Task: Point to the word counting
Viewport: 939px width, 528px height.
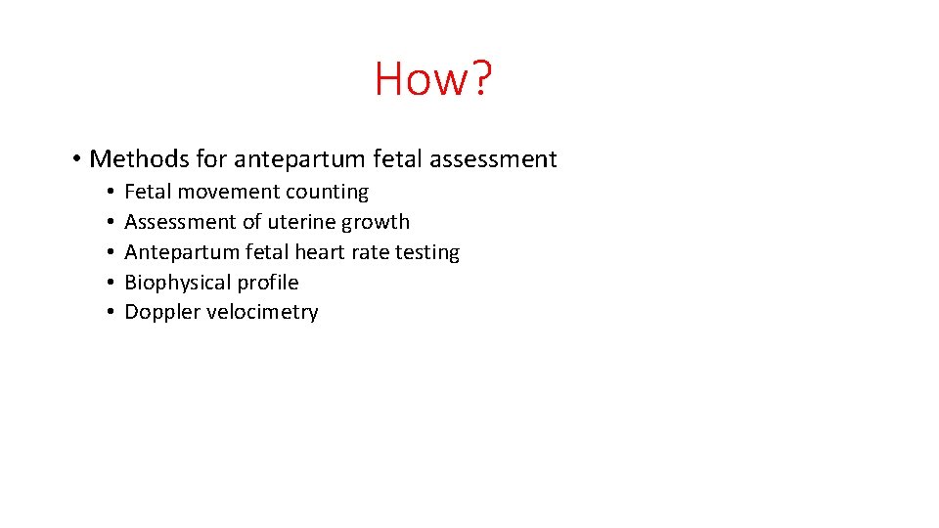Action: pos(328,193)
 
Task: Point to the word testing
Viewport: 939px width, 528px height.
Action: pos(427,252)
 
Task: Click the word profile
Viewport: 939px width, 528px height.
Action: pos(266,283)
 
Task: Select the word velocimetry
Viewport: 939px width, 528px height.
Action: pos(261,313)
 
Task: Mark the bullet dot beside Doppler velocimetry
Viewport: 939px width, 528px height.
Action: pos(112,313)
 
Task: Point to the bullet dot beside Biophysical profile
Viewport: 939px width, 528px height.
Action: pos(112,284)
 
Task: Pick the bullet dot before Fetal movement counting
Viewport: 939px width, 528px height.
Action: pos(112,193)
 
